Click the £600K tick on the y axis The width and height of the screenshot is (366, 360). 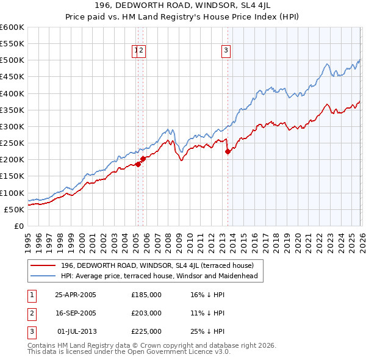[x=12, y=27]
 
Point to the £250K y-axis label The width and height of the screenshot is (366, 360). [x=12, y=143]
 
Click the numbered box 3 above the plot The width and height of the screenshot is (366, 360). [x=226, y=51]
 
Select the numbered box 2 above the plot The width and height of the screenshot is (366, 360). [x=141, y=51]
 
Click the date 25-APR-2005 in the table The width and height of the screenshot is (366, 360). [x=76, y=295]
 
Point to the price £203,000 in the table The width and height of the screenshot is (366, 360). [x=146, y=313]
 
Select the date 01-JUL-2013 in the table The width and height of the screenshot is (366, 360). [x=76, y=331]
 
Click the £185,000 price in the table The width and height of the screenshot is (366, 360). [x=146, y=295]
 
